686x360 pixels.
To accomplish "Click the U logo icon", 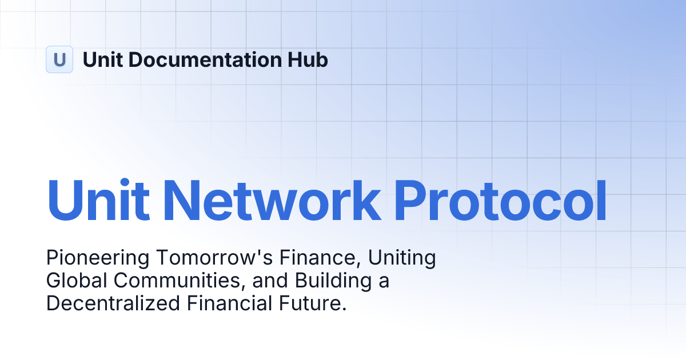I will (59, 59).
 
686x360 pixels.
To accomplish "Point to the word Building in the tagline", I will (335, 282).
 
